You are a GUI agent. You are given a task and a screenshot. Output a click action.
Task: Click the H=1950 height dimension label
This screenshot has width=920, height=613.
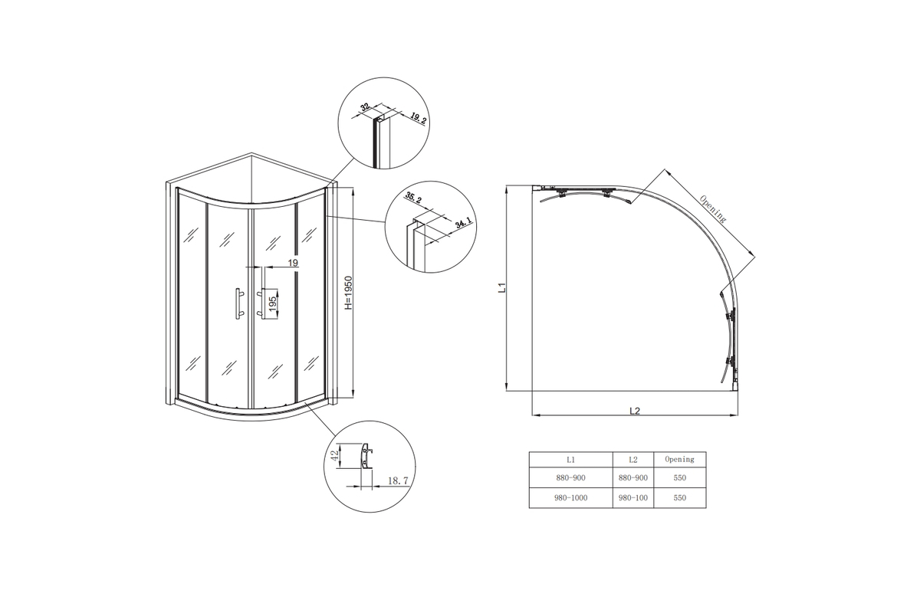pyautogui.click(x=348, y=293)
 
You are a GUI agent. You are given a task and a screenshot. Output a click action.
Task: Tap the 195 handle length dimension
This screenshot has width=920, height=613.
pyautogui.click(x=273, y=303)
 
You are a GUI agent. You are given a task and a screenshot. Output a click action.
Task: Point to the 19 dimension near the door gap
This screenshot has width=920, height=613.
pyautogui.click(x=292, y=263)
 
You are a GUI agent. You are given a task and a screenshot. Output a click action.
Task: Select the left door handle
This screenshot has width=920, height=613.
pyautogui.click(x=238, y=303)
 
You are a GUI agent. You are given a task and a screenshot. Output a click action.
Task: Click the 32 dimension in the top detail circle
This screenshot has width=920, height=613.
pyautogui.click(x=364, y=107)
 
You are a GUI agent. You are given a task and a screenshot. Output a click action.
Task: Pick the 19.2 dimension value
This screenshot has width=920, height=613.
pyautogui.click(x=418, y=120)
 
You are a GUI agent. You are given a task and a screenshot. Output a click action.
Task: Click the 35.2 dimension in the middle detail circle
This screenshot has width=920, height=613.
pyautogui.click(x=413, y=198)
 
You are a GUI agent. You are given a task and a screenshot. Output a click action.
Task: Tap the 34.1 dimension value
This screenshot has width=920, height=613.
pyautogui.click(x=464, y=225)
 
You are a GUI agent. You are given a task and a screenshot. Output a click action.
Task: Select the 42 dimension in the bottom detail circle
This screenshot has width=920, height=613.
pyautogui.click(x=335, y=455)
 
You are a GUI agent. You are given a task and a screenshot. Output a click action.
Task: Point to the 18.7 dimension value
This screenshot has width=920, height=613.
pyautogui.click(x=398, y=480)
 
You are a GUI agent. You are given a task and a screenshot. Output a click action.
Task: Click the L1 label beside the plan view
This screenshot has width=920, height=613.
pyautogui.click(x=501, y=288)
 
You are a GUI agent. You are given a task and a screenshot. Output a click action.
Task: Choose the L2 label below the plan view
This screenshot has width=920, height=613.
pyautogui.click(x=635, y=411)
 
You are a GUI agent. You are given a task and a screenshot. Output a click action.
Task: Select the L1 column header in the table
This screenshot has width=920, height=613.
pyautogui.click(x=570, y=460)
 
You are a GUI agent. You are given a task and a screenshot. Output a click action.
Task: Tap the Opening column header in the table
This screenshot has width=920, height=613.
pyautogui.click(x=680, y=460)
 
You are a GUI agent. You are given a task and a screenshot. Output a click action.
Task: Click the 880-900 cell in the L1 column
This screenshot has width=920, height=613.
pyautogui.click(x=570, y=478)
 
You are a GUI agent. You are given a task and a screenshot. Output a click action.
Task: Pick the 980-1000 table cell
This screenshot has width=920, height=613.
pyautogui.click(x=571, y=497)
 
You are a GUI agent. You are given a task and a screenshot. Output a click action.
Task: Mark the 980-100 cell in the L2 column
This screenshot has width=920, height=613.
pyautogui.click(x=633, y=497)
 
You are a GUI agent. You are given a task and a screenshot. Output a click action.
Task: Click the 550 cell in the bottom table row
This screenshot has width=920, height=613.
pyautogui.click(x=680, y=497)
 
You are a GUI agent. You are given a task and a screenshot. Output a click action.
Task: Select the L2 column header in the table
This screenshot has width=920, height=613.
pyautogui.click(x=633, y=460)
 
